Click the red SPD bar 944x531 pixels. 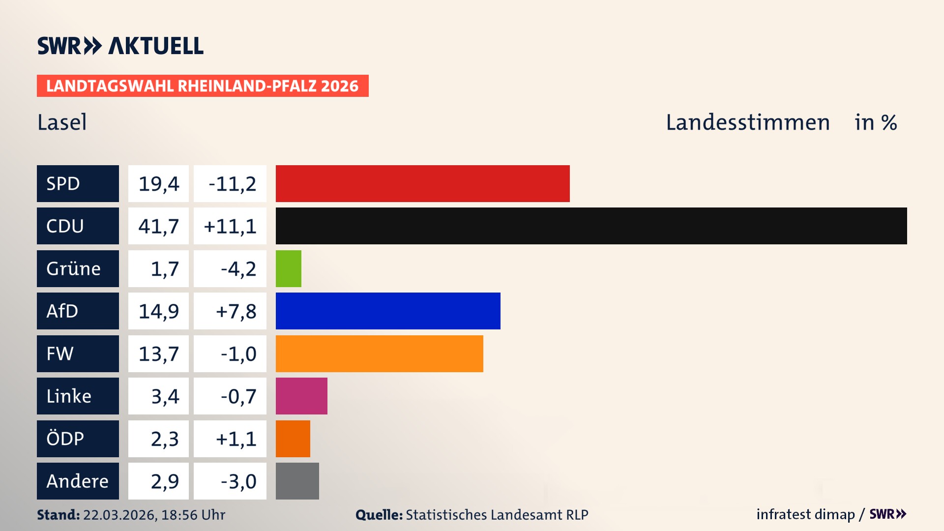(422, 183)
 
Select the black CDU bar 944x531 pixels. (591, 226)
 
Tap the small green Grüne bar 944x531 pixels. (288, 268)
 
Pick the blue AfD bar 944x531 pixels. (388, 311)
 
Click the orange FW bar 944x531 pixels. (379, 354)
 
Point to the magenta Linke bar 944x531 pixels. (301, 396)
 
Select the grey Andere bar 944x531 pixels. (297, 481)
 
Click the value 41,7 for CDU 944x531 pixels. (158, 226)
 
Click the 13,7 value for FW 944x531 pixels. (158, 354)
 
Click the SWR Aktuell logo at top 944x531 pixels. (120, 46)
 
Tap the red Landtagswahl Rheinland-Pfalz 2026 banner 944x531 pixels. (202, 86)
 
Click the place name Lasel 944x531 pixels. (62, 122)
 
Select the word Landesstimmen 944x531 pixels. (747, 122)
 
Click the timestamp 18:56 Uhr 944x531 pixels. (193, 515)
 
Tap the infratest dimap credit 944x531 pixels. (805, 514)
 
